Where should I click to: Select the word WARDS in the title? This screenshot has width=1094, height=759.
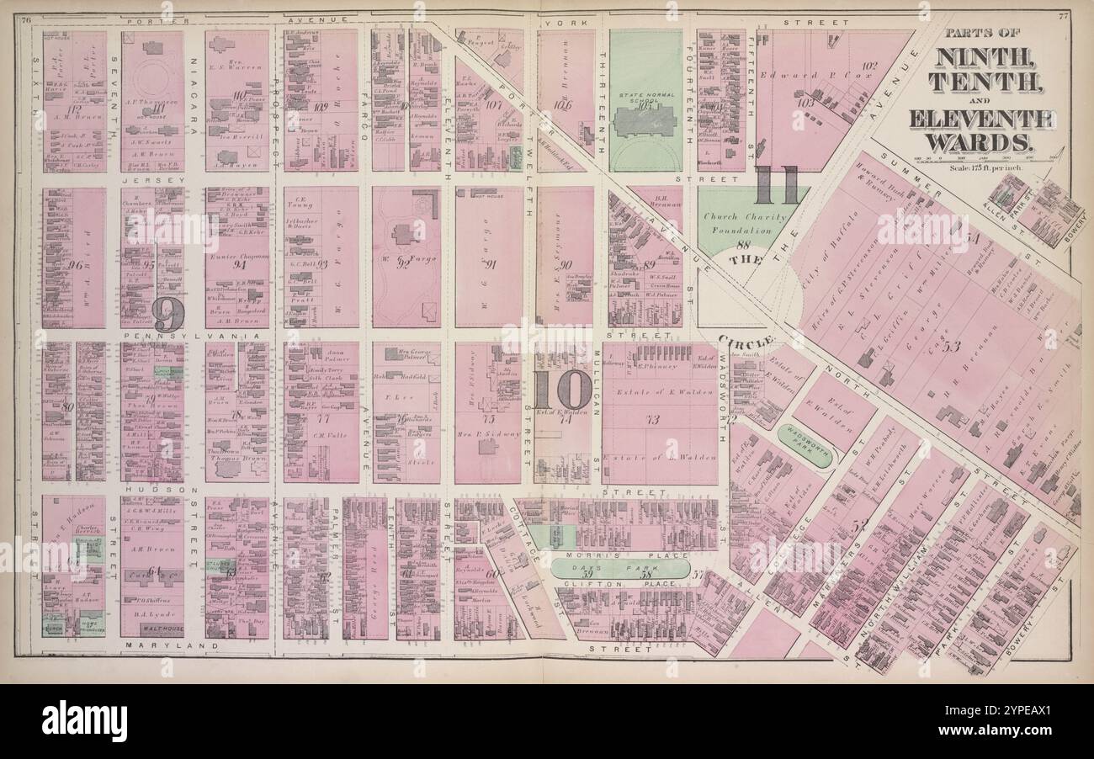(x=981, y=142)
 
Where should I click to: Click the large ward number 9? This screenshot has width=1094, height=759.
(x=167, y=316)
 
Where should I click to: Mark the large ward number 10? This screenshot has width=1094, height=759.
(x=562, y=390)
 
